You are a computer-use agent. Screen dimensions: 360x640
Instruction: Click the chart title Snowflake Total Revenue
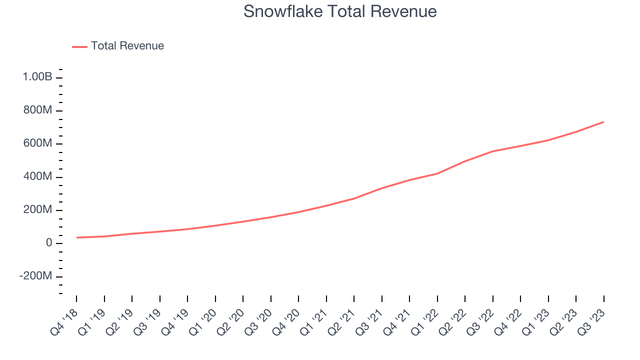click(340, 11)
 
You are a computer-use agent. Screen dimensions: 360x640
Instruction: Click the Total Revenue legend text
click(127, 46)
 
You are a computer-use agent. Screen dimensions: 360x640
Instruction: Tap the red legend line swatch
click(79, 46)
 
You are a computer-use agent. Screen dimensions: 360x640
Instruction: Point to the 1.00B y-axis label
click(37, 77)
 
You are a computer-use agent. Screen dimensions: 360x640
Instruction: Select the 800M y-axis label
click(38, 110)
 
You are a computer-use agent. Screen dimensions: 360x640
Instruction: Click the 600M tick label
click(38, 143)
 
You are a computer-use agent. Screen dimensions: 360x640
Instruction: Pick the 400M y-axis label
click(38, 177)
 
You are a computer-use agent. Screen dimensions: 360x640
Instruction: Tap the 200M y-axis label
click(38, 210)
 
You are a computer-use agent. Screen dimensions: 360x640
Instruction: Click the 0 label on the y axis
click(49, 243)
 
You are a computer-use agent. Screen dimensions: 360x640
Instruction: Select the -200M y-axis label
click(35, 276)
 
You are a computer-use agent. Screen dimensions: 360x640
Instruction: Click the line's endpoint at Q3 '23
click(603, 122)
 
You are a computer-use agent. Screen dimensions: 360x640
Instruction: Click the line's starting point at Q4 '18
click(76, 237)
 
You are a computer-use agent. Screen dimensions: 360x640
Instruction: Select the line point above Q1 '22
click(437, 173)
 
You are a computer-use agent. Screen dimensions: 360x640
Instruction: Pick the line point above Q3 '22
click(493, 151)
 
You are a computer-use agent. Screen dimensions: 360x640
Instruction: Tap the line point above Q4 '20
click(298, 212)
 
